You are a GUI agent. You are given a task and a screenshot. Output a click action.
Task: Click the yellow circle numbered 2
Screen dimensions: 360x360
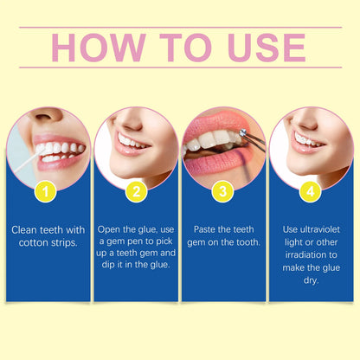point(136,191)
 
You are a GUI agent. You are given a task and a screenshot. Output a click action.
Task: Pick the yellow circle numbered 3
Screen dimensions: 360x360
point(223,191)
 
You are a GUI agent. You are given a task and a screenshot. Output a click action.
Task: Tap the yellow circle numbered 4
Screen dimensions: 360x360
point(312,191)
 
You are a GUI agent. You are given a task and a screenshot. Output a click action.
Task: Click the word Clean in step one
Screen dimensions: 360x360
point(25,229)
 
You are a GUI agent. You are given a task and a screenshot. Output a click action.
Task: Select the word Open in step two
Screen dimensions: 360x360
point(114,229)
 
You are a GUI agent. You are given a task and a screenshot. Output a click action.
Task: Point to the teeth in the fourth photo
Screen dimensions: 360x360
point(303,138)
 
